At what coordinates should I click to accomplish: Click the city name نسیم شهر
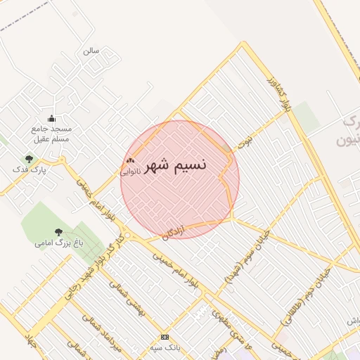(x=175, y=165)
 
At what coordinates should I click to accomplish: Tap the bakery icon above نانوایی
(x=130, y=161)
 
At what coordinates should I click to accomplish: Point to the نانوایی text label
(x=130, y=171)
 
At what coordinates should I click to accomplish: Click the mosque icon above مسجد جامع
(x=51, y=119)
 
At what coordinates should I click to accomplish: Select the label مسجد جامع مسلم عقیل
(x=51, y=134)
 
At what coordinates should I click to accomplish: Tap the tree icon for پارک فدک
(x=29, y=160)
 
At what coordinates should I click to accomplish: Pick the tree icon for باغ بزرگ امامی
(x=58, y=232)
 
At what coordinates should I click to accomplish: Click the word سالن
(x=91, y=51)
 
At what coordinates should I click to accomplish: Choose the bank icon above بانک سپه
(x=165, y=337)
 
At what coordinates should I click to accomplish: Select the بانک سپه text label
(x=165, y=347)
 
